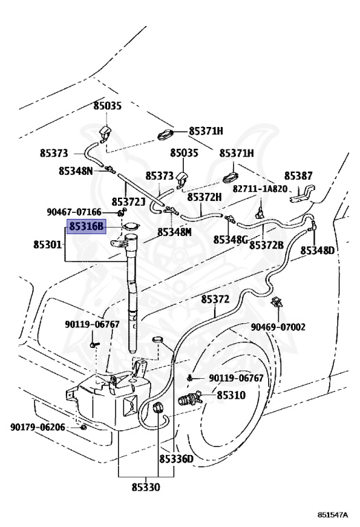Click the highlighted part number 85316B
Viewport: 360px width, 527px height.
(x=87, y=226)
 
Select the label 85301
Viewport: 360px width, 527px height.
(x=48, y=244)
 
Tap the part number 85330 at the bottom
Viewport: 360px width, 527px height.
(x=146, y=487)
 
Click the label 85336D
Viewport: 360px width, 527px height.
(x=176, y=459)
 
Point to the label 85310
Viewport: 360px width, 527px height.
(x=231, y=395)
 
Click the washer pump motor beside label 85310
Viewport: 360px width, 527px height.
(x=190, y=399)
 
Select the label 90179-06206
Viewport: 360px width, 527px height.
(x=38, y=428)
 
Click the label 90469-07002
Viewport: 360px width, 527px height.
(x=278, y=327)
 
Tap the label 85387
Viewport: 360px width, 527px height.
(x=298, y=176)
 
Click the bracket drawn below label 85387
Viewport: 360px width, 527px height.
(x=302, y=194)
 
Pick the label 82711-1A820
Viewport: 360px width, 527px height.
(x=261, y=189)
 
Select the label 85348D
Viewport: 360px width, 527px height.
(x=317, y=250)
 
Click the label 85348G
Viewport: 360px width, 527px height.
(x=230, y=239)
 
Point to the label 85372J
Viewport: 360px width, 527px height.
(x=128, y=202)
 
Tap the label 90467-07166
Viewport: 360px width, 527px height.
(x=74, y=212)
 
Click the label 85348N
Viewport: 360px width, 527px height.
(x=75, y=171)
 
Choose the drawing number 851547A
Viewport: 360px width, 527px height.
(x=333, y=515)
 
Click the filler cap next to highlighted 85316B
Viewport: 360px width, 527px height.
(x=131, y=227)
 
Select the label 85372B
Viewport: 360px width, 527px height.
(x=266, y=245)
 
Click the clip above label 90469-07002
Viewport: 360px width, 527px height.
(x=277, y=301)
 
